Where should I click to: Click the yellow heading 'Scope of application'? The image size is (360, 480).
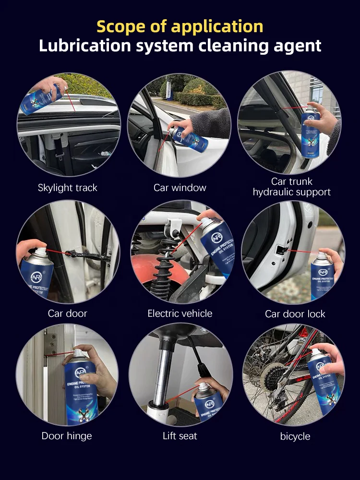coord(180,26)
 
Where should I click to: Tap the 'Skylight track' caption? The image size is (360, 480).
coord(67,188)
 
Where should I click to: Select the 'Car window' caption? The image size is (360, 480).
coord(180,188)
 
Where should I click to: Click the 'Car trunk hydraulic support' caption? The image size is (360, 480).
coord(292,187)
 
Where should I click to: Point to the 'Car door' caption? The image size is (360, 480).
coord(67,313)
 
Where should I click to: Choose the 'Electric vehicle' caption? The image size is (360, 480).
coord(180,313)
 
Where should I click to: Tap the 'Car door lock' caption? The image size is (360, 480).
coord(295,314)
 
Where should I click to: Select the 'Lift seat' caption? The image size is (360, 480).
coord(180,436)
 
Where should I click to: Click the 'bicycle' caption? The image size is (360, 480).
coord(295,436)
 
